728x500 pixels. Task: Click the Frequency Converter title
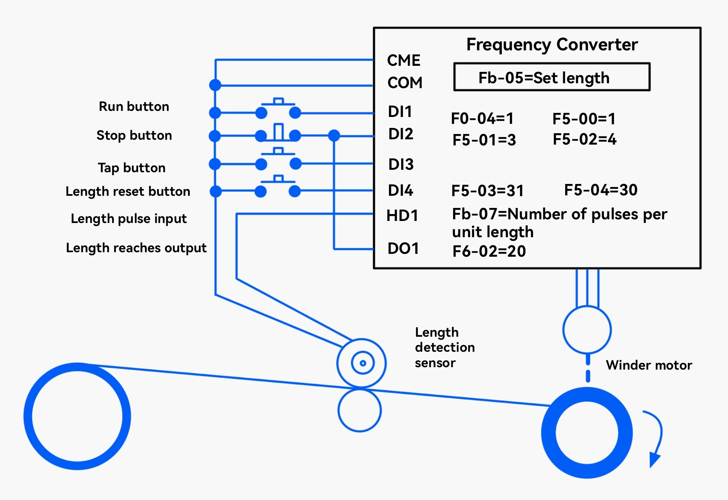pyautogui.click(x=552, y=44)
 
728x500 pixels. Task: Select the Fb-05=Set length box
pyautogui.click(x=551, y=77)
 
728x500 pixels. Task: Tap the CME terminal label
pyautogui.click(x=404, y=61)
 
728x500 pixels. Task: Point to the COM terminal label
pyautogui.click(x=405, y=83)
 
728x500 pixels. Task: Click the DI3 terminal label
pyautogui.click(x=401, y=165)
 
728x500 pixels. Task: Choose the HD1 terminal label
pyautogui.click(x=402, y=216)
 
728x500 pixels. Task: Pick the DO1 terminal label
pyautogui.click(x=403, y=249)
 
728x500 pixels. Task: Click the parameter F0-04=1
pyautogui.click(x=482, y=119)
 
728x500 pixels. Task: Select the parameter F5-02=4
pyautogui.click(x=584, y=139)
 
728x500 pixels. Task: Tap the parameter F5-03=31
pyautogui.click(x=487, y=190)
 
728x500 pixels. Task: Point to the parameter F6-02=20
pyautogui.click(x=489, y=251)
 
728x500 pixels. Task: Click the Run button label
pyautogui.click(x=134, y=106)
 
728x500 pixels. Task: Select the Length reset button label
pyautogui.click(x=128, y=191)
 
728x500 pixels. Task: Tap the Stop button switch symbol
pyautogui.click(x=278, y=134)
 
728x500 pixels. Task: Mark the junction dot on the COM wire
pyautogui.click(x=215, y=85)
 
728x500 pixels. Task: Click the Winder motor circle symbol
pyautogui.click(x=587, y=330)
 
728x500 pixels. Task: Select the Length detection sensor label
pyautogui.click(x=445, y=348)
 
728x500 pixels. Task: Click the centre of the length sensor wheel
pyautogui.click(x=363, y=363)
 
